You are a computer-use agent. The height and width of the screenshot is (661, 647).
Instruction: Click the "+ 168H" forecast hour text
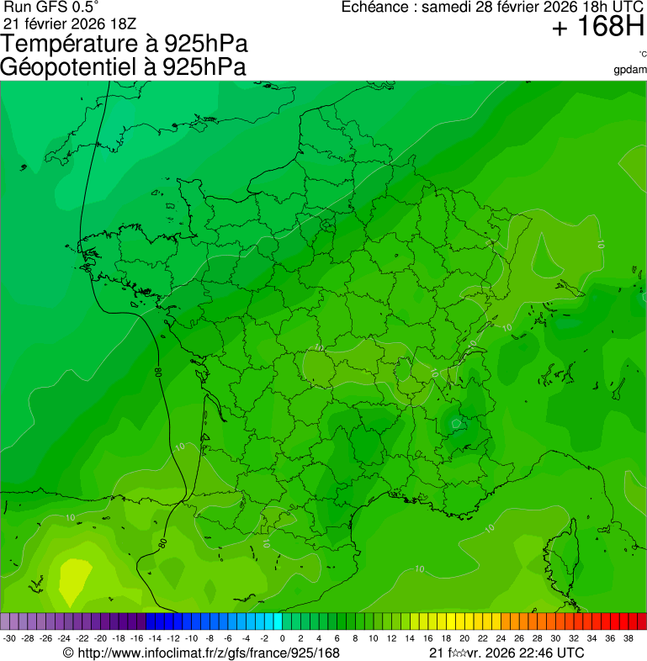pos(597,28)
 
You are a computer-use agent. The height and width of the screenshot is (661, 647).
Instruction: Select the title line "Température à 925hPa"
pos(125,45)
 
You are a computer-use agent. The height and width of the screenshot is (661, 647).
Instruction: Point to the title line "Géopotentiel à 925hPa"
pos(124,67)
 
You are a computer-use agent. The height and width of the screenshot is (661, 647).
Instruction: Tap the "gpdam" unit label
pos(631,69)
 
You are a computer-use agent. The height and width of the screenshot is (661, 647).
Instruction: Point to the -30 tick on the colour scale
pos(10,638)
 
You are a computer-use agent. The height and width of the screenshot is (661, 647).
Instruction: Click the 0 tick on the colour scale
pos(282,638)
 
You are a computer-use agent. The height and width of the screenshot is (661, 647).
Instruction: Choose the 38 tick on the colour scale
pos(628,638)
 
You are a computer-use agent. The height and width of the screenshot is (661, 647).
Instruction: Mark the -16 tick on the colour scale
pos(137,638)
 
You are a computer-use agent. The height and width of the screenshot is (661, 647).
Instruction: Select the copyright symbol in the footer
pos(69,653)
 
